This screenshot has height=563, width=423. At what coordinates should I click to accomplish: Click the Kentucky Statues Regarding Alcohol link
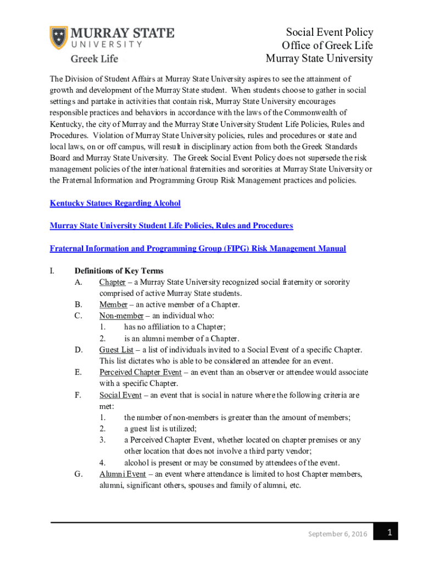(x=115, y=203)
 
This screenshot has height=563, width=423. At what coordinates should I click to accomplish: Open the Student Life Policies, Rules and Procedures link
(x=171, y=226)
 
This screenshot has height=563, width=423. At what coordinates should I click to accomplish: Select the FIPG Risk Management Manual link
(x=198, y=249)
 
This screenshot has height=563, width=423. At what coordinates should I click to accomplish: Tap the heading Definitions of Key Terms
(x=119, y=271)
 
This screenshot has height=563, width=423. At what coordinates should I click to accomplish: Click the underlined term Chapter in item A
(x=112, y=282)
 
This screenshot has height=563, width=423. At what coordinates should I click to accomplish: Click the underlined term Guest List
(x=116, y=350)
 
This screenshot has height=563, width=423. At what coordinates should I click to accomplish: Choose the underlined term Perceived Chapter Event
(x=140, y=372)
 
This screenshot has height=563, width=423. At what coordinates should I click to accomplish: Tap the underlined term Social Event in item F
(x=120, y=395)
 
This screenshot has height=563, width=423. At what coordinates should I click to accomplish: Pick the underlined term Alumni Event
(x=123, y=474)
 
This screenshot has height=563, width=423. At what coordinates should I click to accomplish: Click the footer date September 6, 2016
(x=338, y=534)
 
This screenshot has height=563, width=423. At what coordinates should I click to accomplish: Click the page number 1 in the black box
(x=388, y=532)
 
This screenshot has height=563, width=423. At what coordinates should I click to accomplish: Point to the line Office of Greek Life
(x=327, y=46)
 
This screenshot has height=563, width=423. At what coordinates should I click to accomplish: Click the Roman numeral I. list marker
(x=52, y=271)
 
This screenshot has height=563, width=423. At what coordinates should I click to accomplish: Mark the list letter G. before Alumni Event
(x=78, y=474)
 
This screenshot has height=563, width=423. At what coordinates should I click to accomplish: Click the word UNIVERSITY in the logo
(x=104, y=43)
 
